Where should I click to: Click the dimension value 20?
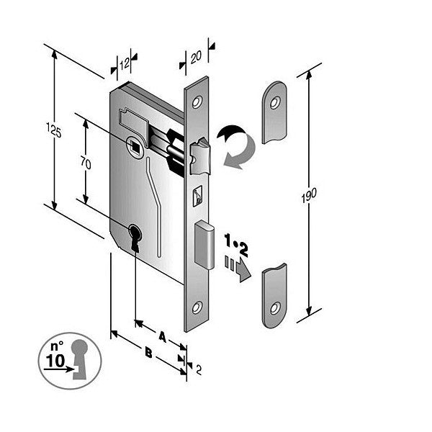(197, 54)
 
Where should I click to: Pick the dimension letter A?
(162, 336)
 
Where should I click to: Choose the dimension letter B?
(148, 353)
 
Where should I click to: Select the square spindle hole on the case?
(134, 146)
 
